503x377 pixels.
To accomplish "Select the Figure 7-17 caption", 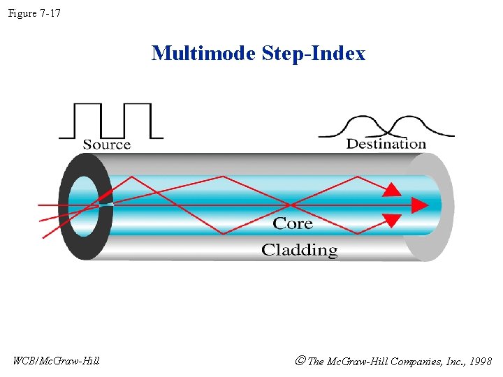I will click(x=34, y=12).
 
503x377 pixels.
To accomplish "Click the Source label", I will click(x=107, y=145).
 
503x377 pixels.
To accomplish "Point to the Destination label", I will click(x=386, y=144).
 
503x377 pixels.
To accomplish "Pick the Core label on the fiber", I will click(x=293, y=223).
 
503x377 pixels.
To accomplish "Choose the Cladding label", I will click(x=299, y=250).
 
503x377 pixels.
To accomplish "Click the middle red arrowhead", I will click(x=420, y=205).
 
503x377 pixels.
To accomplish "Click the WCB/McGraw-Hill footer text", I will click(x=57, y=361).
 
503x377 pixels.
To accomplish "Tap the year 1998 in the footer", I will click(x=480, y=362).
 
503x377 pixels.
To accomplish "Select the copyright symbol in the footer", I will click(x=300, y=361).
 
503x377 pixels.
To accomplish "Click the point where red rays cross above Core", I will click(x=290, y=205).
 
